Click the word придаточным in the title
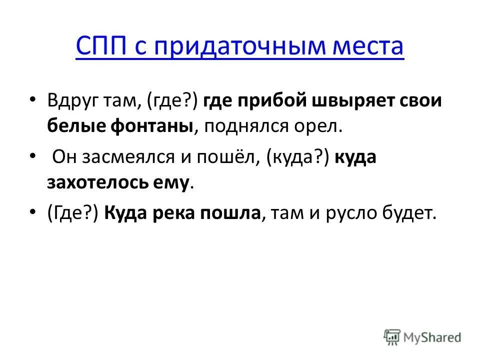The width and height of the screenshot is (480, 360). (x=233, y=47)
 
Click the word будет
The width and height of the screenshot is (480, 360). (x=411, y=214)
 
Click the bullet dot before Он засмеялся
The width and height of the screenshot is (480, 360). (x=33, y=157)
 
